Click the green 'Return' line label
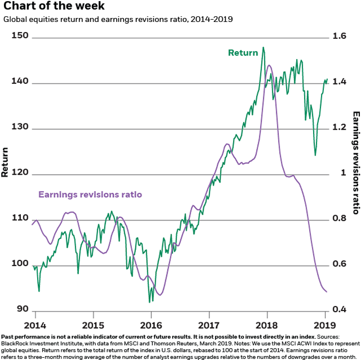(243, 53)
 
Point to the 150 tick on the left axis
(21, 36)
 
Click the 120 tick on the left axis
(21, 172)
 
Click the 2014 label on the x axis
(34, 325)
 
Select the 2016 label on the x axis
(151, 325)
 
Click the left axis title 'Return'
(5, 162)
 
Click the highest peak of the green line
(263, 55)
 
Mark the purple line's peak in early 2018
(268, 65)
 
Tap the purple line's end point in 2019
(327, 291)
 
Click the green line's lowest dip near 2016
(149, 302)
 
